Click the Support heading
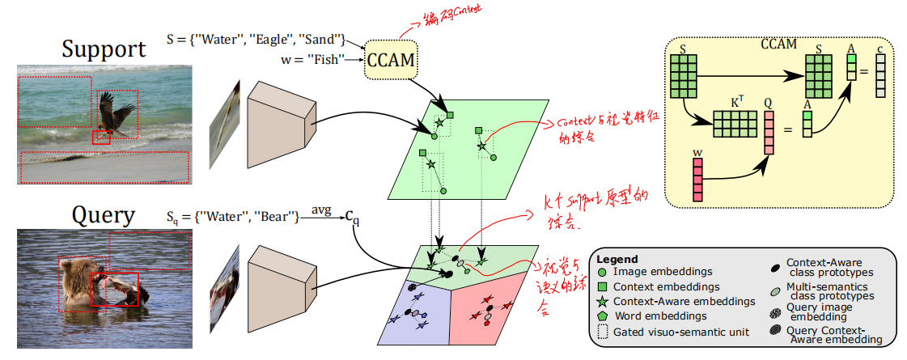[104, 49]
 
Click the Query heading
[104, 214]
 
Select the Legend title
[618, 259]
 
